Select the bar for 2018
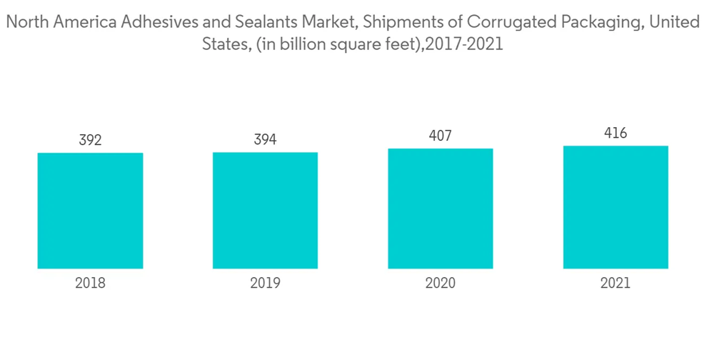click(x=90, y=211)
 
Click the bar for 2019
click(x=265, y=211)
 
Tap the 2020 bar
click(x=441, y=209)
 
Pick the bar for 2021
click(x=615, y=207)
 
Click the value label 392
click(x=90, y=140)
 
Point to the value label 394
click(x=265, y=139)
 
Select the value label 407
click(x=441, y=135)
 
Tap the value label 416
click(x=615, y=133)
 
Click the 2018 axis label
click(x=90, y=284)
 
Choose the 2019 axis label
click(x=265, y=284)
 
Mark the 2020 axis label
click(x=441, y=284)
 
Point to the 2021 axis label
click(x=615, y=284)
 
